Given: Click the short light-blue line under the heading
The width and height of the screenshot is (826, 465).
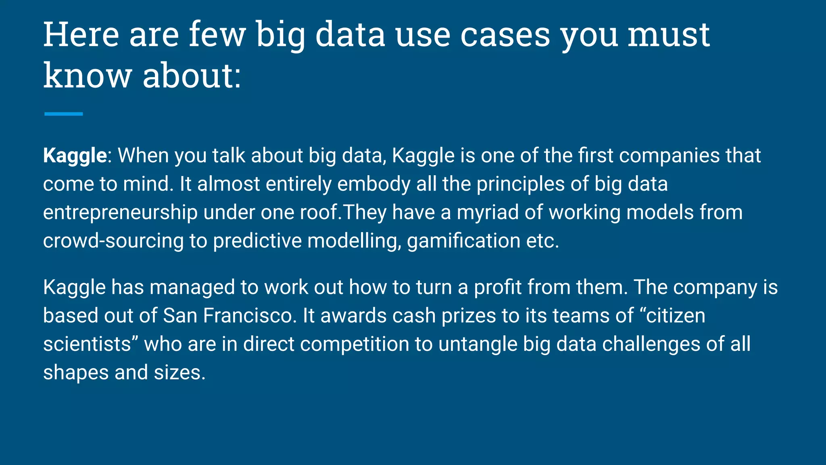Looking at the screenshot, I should (x=63, y=114).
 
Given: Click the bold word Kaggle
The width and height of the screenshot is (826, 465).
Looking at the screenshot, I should (x=75, y=156).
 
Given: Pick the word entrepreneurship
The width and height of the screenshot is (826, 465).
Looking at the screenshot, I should (x=120, y=213).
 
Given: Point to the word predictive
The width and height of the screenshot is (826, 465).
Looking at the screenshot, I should (x=257, y=241).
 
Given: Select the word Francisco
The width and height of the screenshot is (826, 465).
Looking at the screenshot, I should (x=248, y=316).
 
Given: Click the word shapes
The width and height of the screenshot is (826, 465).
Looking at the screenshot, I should (x=76, y=373).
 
